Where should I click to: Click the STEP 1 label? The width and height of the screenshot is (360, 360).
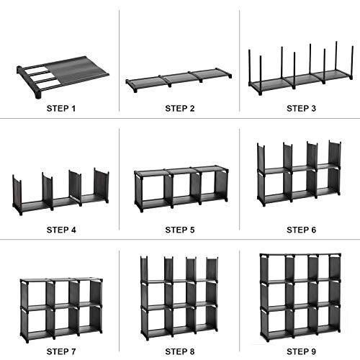pyautogui.click(x=61, y=109)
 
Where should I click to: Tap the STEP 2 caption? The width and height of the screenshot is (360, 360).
pyautogui.click(x=180, y=109)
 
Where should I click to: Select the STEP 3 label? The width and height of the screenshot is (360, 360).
pyautogui.click(x=301, y=109)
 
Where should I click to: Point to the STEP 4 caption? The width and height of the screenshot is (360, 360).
pyautogui.click(x=61, y=230)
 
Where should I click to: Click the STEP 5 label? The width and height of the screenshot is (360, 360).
pyautogui.click(x=180, y=230)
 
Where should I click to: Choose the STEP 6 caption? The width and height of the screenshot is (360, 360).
pyautogui.click(x=301, y=230)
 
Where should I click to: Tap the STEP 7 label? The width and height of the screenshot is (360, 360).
pyautogui.click(x=61, y=351)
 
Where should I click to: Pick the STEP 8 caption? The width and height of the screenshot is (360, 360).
pyautogui.click(x=180, y=351)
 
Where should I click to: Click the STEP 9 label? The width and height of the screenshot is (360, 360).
pyautogui.click(x=301, y=351)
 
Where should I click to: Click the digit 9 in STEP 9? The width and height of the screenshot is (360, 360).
pyautogui.click(x=313, y=351)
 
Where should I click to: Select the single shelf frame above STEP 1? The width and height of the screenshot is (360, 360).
pyautogui.click(x=63, y=77)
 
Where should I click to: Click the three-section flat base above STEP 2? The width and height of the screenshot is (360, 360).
pyautogui.click(x=179, y=80)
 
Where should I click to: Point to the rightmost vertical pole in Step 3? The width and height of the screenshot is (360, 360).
pyautogui.click(x=352, y=63)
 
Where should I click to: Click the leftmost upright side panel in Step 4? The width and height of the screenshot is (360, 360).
pyautogui.click(x=17, y=194)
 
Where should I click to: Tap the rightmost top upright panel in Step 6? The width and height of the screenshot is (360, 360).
pyautogui.click(x=335, y=153)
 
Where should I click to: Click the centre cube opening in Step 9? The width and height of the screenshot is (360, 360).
pyautogui.click(x=302, y=294)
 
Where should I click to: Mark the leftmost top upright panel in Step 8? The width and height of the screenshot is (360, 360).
pyautogui.click(x=144, y=269)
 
